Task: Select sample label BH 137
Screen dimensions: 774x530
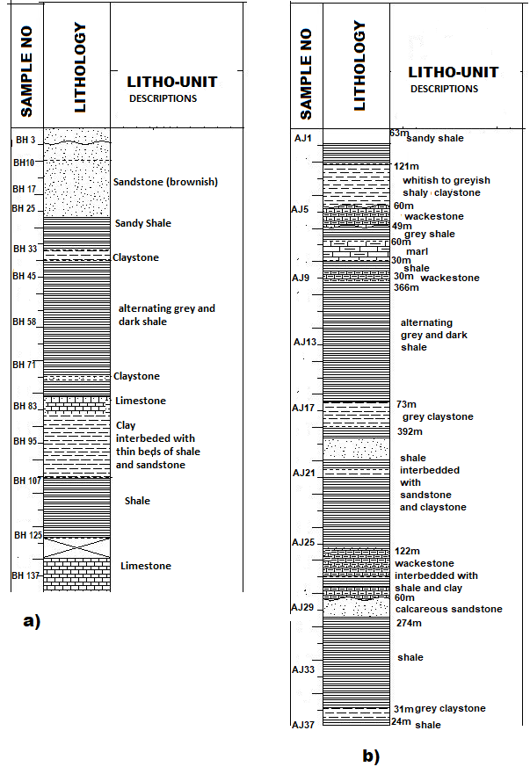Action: click(25, 575)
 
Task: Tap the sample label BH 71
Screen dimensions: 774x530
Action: click(25, 365)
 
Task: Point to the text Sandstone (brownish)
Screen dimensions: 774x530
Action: click(165, 182)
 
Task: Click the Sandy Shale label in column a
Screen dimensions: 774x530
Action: click(143, 223)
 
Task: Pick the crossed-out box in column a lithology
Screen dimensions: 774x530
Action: click(76, 544)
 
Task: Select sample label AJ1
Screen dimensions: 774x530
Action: click(303, 138)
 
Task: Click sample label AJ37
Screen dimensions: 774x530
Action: click(303, 725)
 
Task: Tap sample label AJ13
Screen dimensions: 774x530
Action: click(305, 342)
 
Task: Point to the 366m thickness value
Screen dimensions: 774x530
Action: click(406, 288)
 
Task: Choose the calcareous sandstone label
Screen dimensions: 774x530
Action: click(449, 609)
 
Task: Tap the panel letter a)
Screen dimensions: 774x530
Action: click(33, 621)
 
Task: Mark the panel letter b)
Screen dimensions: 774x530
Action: click(370, 756)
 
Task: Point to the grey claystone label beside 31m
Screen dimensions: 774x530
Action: click(450, 708)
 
